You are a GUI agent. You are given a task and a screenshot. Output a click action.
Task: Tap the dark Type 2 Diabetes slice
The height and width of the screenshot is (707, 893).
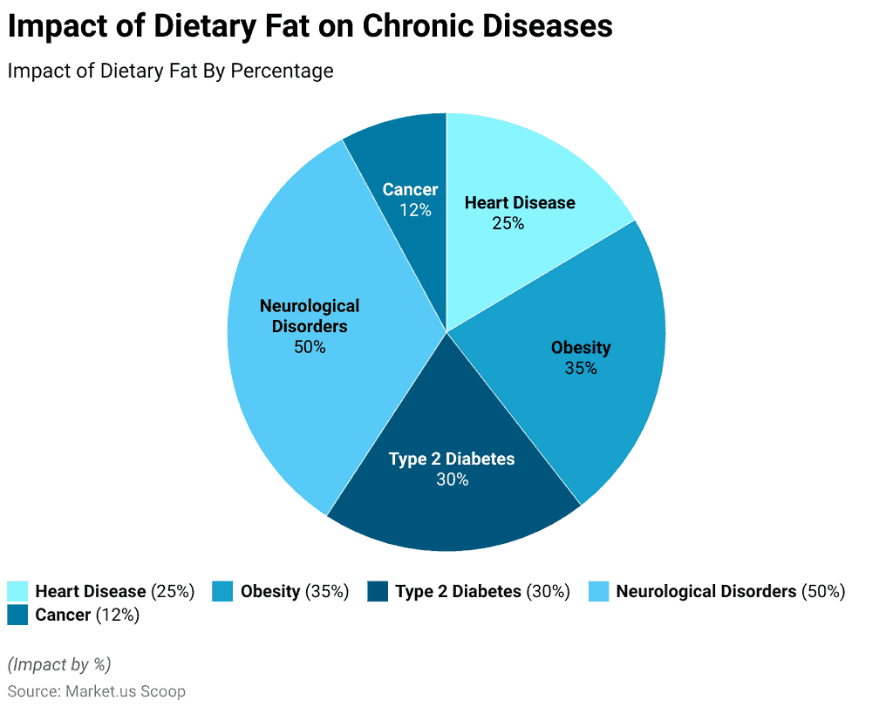pyautogui.click(x=453, y=506)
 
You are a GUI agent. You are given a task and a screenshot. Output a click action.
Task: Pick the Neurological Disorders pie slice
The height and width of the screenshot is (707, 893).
pyautogui.click(x=288, y=392)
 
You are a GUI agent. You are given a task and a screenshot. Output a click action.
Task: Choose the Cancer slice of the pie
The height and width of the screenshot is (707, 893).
pyautogui.click(x=401, y=157)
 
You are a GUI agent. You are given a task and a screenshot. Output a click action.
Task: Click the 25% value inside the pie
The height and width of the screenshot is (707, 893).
pyautogui.click(x=508, y=223)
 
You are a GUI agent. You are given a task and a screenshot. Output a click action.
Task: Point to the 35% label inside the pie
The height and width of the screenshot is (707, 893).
pyautogui.click(x=581, y=368)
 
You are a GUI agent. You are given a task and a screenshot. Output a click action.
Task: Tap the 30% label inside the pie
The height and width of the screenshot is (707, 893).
pyautogui.click(x=452, y=479)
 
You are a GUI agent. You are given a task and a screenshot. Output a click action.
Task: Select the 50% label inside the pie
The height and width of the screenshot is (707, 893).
pyautogui.click(x=310, y=347)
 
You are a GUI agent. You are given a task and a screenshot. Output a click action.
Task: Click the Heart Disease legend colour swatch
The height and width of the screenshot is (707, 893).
pyautogui.click(x=17, y=592)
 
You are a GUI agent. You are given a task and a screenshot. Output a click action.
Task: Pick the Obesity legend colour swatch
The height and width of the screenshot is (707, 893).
pyautogui.click(x=223, y=592)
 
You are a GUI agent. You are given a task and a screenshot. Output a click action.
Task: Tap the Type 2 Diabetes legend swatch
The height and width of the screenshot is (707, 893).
pyautogui.click(x=378, y=592)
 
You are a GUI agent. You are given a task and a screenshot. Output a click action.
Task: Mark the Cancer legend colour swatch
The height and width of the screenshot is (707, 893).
pyautogui.click(x=17, y=615)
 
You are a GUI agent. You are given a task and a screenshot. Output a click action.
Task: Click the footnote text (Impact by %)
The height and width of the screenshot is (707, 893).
pyautogui.click(x=59, y=664)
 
